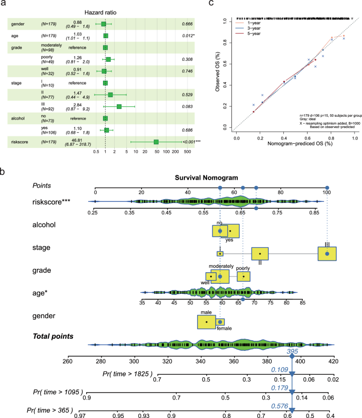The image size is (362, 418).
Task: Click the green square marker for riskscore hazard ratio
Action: click(x=156, y=142)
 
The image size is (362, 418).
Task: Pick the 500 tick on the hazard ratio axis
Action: click(x=186, y=151)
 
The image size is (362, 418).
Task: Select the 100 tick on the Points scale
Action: click(x=327, y=193)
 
